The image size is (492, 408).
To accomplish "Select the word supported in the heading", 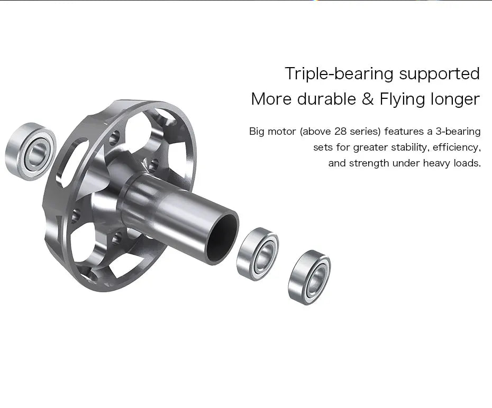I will point(439,73).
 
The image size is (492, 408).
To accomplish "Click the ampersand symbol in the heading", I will point(368,99).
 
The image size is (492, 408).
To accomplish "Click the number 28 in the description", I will point(340,131).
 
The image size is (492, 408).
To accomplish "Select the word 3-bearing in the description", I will point(458,131).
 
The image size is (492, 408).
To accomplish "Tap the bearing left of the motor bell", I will point(31,151).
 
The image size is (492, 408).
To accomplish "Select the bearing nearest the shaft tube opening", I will point(258,254).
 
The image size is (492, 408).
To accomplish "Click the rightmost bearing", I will point(309,276).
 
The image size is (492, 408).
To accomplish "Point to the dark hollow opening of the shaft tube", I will point(222,238).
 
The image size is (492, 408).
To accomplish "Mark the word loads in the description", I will point(467,163).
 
